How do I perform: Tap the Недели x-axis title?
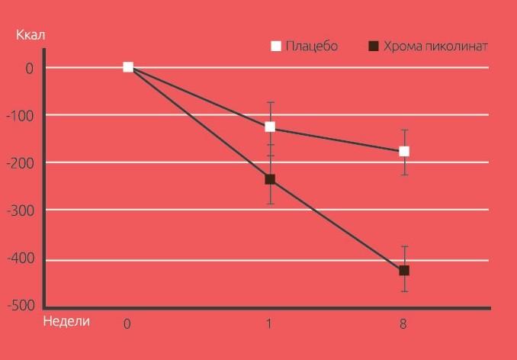coord(67,321)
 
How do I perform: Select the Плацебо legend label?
coord(311,47)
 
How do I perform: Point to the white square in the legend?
coord(276,47)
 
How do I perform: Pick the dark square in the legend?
coord(374,47)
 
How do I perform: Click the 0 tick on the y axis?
coord(30,68)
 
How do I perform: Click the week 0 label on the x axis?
coord(127,323)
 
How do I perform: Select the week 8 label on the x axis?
coord(403,323)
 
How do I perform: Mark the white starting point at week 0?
coord(128,67)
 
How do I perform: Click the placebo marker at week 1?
coord(270,127)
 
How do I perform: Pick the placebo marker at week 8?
coord(404,151)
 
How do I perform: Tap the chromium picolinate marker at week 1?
coord(270,179)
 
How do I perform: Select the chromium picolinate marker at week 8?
coord(404,270)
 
